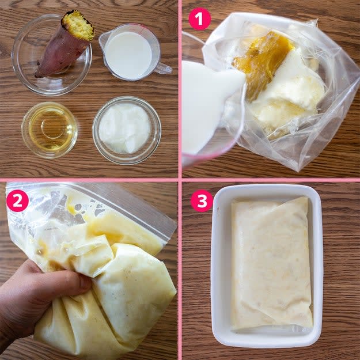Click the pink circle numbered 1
click(x=199, y=19)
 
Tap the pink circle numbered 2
click(x=17, y=200)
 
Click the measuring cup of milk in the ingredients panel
click(x=132, y=52)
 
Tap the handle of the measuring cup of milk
click(x=163, y=68)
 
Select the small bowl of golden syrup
click(x=50, y=130)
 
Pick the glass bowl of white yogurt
click(x=127, y=130)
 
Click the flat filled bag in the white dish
click(x=272, y=264)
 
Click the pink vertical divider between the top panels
click(x=180, y=89)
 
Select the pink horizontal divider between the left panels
click(x=89, y=180)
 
